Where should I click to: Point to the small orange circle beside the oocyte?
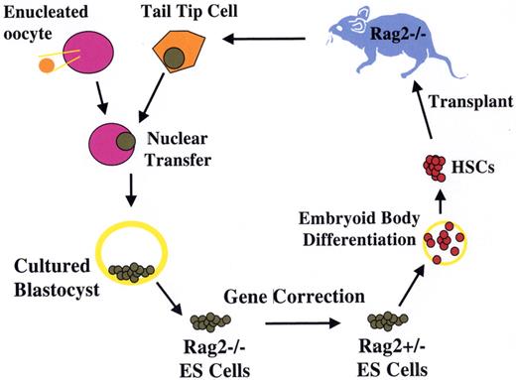pyautogui.click(x=47, y=65)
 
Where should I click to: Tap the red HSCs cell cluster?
pyautogui.click(x=434, y=167)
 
